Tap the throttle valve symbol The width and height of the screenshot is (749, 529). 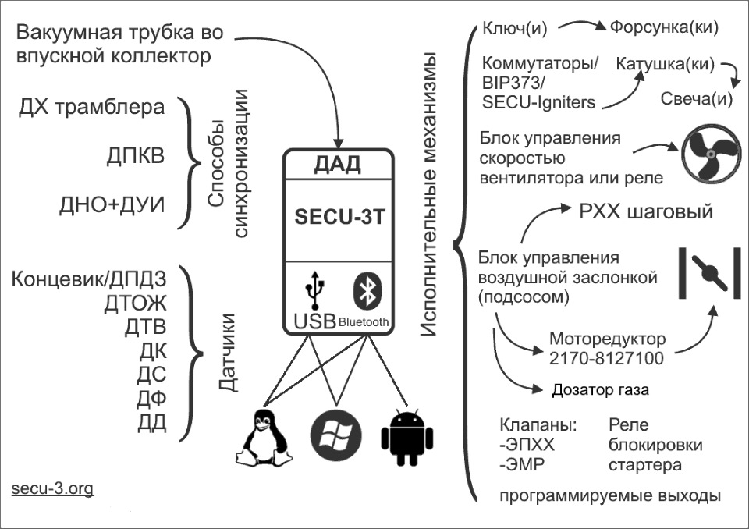pos(710,274)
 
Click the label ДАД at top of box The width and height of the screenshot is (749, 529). pos(337,165)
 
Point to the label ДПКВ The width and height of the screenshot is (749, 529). pos(137,155)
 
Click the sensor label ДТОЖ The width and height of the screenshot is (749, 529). pos(136,302)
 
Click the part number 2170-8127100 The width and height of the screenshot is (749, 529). pos(606,359)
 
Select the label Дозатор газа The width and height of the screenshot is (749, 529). pos(601,389)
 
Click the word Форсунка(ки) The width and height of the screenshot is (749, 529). pos(664,28)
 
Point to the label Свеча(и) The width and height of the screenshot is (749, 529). pos(698,99)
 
